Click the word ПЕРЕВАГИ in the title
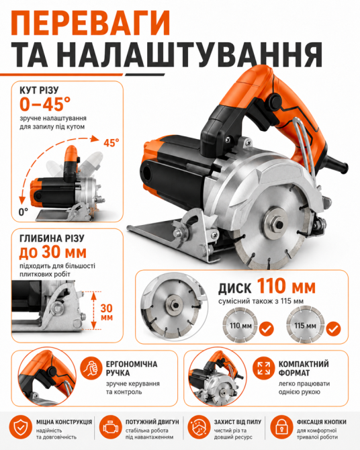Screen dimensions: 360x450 coord(91,23)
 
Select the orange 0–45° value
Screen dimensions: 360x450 coord(45,103)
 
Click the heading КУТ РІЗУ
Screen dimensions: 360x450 coord(39,90)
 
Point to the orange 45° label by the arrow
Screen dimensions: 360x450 coord(111,143)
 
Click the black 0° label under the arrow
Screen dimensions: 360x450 coord(24,212)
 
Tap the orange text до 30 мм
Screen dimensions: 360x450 coord(53,252)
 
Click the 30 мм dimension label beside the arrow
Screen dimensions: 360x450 coord(107,312)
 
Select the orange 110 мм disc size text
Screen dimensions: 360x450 coord(286,286)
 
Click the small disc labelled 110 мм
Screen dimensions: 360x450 coord(240,325)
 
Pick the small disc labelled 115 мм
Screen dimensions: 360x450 coord(305,325)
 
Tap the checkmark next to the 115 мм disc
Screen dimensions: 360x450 coord(333,329)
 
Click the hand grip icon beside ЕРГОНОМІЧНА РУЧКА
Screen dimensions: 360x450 coord(91,369)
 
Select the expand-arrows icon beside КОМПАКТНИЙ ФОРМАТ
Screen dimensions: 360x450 coord(264,369)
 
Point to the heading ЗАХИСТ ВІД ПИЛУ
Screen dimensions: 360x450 coord(237,422)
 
